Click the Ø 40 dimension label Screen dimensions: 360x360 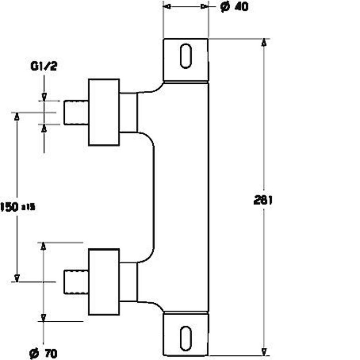pyautogui.click(x=234, y=7)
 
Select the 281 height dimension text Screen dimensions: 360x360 pyautogui.click(x=263, y=200)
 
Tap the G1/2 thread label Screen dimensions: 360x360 pyautogui.click(x=44, y=66)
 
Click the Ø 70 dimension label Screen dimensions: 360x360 pyautogui.click(x=43, y=353)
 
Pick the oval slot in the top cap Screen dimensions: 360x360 pyautogui.click(x=186, y=56)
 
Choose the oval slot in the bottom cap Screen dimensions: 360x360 pyautogui.click(x=186, y=338)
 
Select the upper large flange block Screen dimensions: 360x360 pyautogui.click(x=104, y=112)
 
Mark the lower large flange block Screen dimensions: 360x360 pyautogui.click(x=104, y=282)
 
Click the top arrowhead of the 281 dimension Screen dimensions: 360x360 pyautogui.click(x=264, y=42)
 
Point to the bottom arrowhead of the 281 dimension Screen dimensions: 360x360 pyautogui.click(x=264, y=352)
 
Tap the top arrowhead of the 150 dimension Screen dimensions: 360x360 pyautogui.click(x=17, y=116)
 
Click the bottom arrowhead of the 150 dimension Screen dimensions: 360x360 pyautogui.click(x=17, y=278)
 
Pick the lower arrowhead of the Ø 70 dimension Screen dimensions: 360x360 pyautogui.click(x=43, y=318)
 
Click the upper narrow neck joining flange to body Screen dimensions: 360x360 pyautogui.click(x=128, y=112)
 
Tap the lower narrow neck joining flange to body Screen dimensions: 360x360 pyautogui.click(x=128, y=282)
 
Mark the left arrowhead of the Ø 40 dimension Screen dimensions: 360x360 pyautogui.click(x=168, y=6)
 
